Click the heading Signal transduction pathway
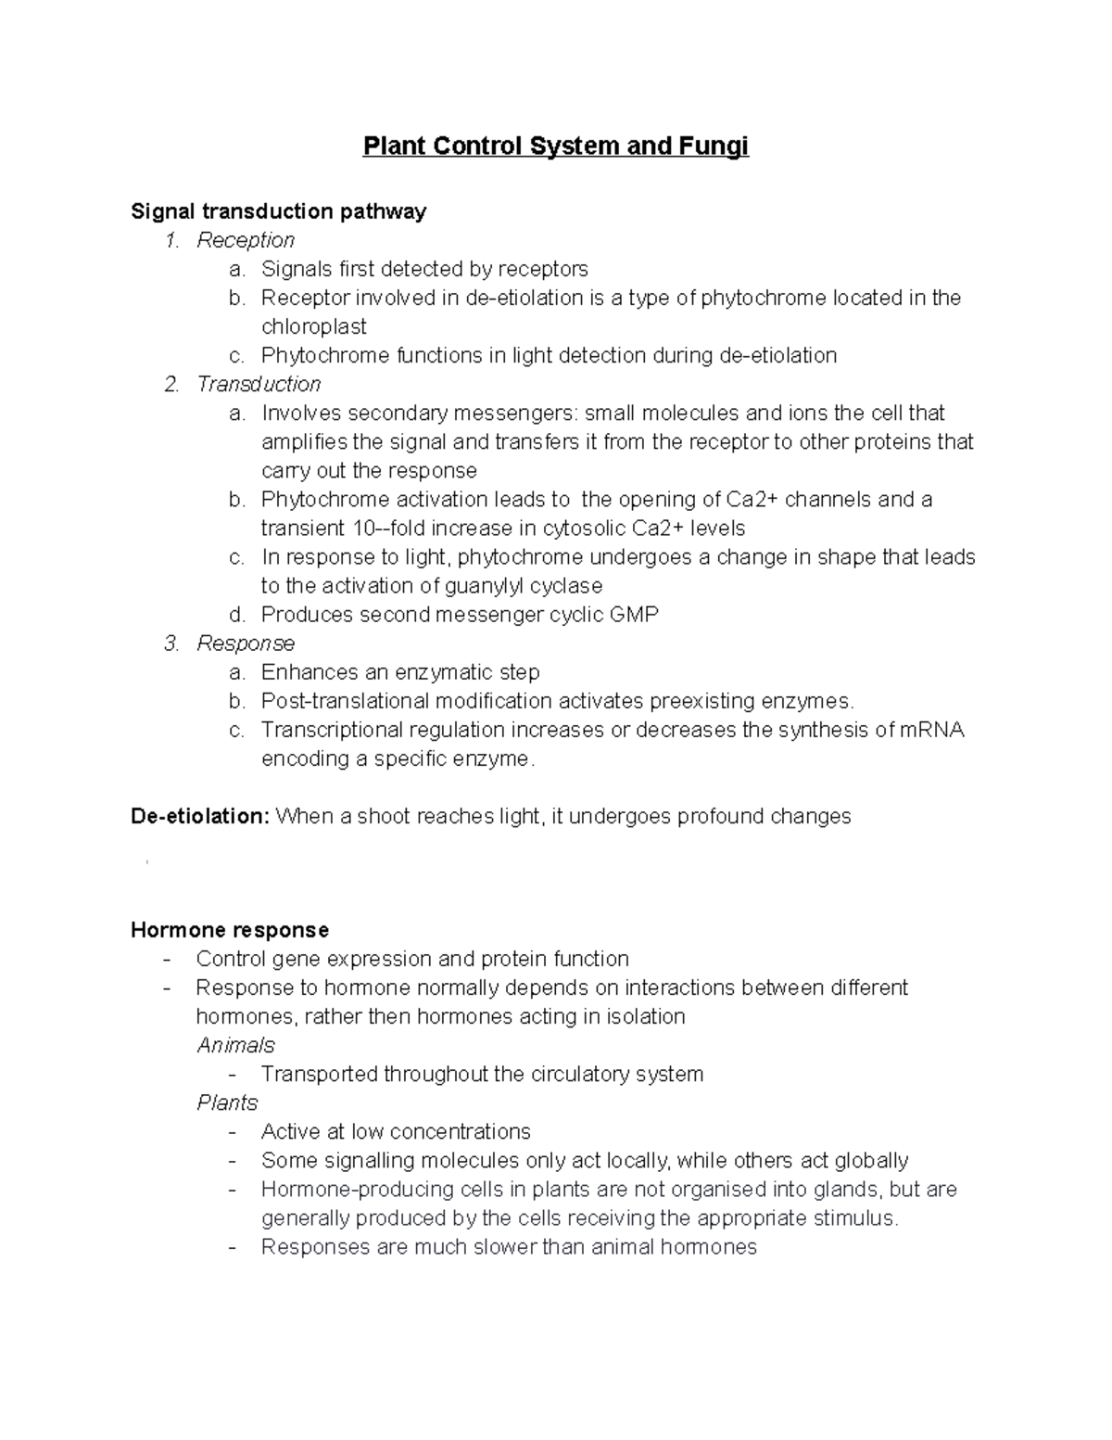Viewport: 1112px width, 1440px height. click(x=278, y=211)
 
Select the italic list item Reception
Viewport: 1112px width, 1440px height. click(x=246, y=240)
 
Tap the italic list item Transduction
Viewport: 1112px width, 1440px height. click(x=259, y=384)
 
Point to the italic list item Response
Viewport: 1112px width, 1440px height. click(x=246, y=644)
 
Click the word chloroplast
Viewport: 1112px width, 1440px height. click(x=313, y=326)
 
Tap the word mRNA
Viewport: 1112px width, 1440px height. click(x=931, y=730)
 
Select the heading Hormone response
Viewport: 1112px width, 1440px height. click(x=230, y=929)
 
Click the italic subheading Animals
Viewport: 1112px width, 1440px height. click(x=235, y=1045)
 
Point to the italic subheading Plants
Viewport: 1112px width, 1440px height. click(x=227, y=1102)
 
